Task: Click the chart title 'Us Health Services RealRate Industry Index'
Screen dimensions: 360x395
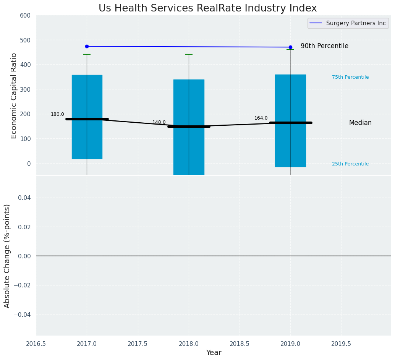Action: [x=207, y=8]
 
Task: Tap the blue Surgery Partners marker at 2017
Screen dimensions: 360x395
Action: [x=87, y=46]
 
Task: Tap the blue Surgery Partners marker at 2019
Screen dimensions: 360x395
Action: [x=290, y=47]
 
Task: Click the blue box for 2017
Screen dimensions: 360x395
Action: [x=87, y=96]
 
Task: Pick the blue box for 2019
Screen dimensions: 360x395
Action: [x=290, y=96]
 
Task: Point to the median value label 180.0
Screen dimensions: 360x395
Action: [x=57, y=114]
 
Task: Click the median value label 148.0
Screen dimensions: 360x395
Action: [x=159, y=122]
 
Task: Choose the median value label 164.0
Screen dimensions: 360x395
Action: [x=261, y=118]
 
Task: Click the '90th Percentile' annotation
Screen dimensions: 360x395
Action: [x=324, y=46]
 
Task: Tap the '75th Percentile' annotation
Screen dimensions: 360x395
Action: [x=350, y=77]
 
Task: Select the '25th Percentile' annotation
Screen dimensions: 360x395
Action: [x=350, y=164]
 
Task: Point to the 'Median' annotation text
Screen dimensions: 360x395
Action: [x=360, y=123]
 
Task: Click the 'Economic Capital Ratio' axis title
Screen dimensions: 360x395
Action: [x=14, y=96]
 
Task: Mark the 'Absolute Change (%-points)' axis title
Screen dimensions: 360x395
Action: [x=7, y=256]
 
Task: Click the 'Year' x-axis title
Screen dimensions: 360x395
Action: [x=214, y=352]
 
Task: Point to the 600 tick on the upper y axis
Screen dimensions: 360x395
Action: [x=25, y=15]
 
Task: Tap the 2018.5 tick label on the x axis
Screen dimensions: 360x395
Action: [x=240, y=344]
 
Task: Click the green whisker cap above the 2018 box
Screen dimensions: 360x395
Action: [x=189, y=54]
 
